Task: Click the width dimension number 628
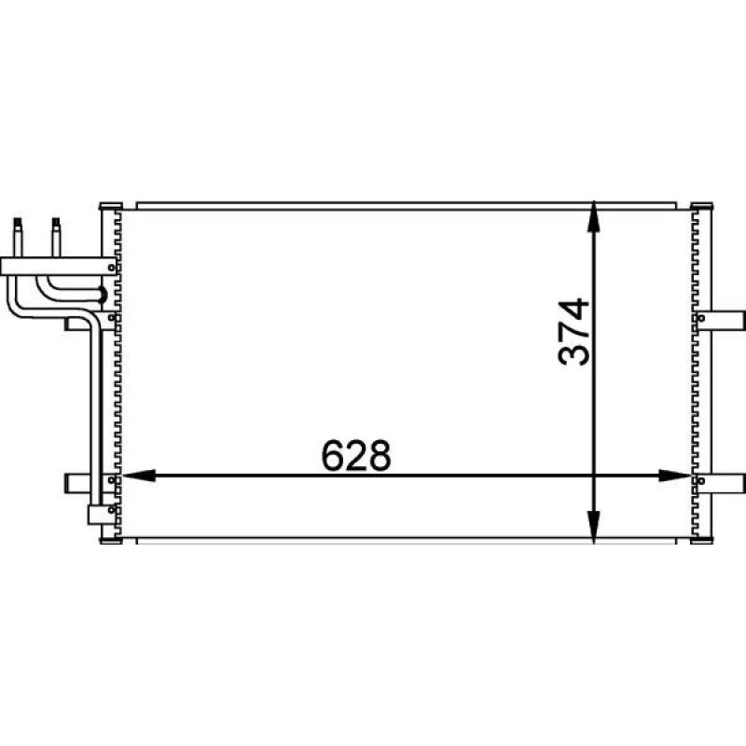click(x=356, y=455)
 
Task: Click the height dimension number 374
click(x=573, y=332)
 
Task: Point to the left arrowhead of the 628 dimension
click(x=139, y=476)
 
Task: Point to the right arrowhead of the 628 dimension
click(x=674, y=476)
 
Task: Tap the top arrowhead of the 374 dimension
click(x=593, y=216)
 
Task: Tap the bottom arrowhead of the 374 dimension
click(x=593, y=527)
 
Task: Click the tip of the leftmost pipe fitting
click(x=18, y=220)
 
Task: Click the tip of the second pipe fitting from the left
click(x=56, y=220)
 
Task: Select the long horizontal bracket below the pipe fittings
click(x=59, y=267)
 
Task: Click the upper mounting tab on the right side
click(x=719, y=320)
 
